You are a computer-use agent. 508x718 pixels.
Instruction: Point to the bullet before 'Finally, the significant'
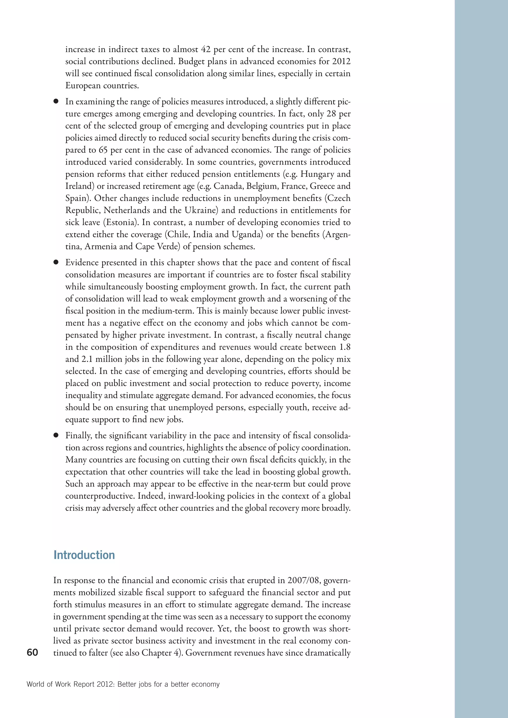click(x=56, y=435)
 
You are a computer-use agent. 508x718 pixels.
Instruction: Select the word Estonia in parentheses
click(x=120, y=222)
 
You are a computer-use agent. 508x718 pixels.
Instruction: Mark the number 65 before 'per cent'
click(x=103, y=150)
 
